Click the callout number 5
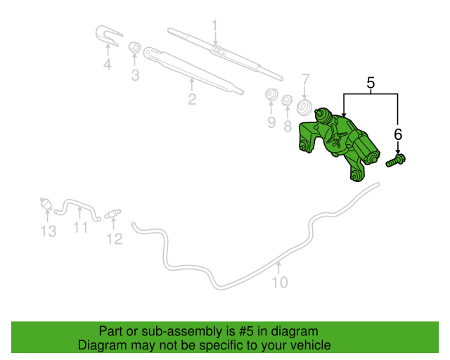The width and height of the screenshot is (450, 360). pos(371,83)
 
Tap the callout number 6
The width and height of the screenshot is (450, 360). pos(398,134)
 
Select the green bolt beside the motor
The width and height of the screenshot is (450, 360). pos(395,160)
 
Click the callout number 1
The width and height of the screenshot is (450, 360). pos(215,26)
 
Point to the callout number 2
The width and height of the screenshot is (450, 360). pos(192,99)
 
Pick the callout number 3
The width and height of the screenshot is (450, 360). pos(135,75)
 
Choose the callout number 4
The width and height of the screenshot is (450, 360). pos(108,64)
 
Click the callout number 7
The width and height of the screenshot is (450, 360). pos(305,80)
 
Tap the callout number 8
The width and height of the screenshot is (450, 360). pos(288,127)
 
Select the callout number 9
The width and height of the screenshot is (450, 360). pos(271,122)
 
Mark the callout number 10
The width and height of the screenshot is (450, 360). pos(280,283)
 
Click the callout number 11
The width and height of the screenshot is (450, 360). pos(80,227)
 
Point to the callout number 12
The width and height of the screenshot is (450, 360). pos(115,239)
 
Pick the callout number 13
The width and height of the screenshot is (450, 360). pos(49,231)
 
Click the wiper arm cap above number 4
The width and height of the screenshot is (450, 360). pos(108,35)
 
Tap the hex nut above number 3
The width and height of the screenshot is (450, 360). pos(134,47)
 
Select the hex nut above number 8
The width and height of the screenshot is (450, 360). pos(287,100)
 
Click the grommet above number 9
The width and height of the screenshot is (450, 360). pos(271,94)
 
